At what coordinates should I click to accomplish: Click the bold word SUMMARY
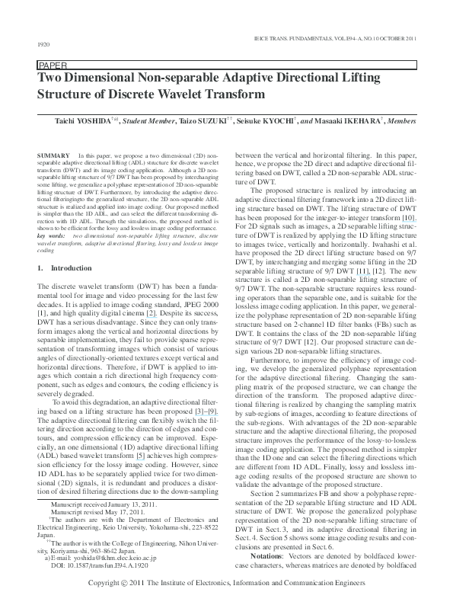pyautogui.click(x=51, y=155)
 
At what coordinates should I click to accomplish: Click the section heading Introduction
pyautogui.click(x=71, y=269)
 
